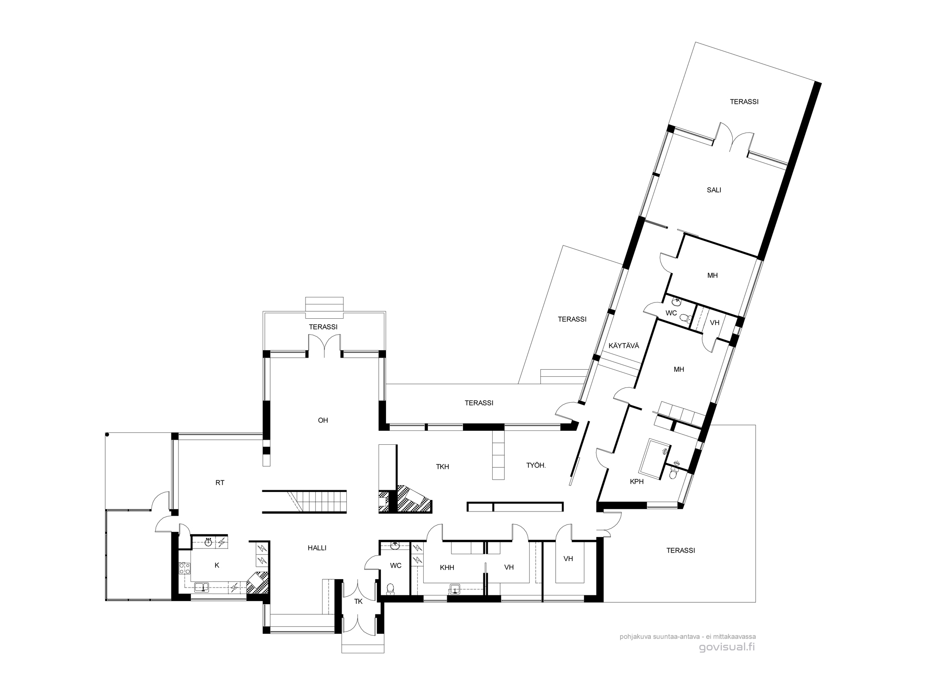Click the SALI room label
pos(714,190)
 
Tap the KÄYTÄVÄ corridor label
pos(624,346)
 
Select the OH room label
pos(323,421)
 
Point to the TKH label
pos(443,467)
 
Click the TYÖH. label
pos(536,465)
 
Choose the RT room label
pos(220,483)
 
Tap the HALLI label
pos(317,548)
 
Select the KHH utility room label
pos(447,568)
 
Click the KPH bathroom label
pos(637,482)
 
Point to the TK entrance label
pos(358,601)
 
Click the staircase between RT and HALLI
pos(305,502)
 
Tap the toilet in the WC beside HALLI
pos(390,589)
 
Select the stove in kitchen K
pos(185,568)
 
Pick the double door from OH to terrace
pos(324,347)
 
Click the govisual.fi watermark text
pos(727,647)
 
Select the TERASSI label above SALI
pos(744,102)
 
